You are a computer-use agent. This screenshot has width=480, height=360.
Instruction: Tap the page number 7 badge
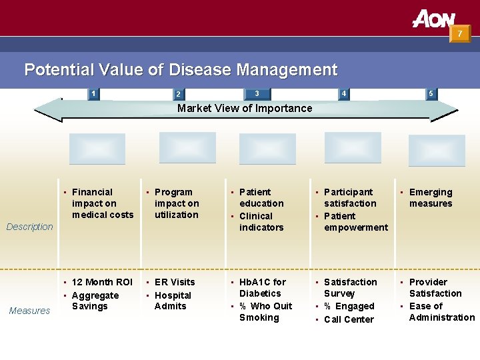coord(459,33)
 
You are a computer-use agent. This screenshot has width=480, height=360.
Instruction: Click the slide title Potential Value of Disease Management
coord(181,69)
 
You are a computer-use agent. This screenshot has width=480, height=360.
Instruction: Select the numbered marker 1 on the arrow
coord(94,93)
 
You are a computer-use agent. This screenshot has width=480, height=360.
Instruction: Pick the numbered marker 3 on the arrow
coord(257,93)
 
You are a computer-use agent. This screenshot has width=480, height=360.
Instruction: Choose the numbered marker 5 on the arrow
coord(431,93)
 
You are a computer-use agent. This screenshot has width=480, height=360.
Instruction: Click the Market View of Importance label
coord(245,108)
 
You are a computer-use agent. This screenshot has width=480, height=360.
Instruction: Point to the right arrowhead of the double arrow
coord(445,110)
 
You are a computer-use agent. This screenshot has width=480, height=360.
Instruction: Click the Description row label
coord(29,227)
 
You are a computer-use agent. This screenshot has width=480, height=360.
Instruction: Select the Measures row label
coord(29,311)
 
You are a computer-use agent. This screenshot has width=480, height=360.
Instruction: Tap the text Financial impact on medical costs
coord(102,203)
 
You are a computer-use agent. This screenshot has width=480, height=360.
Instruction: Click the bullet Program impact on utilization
coord(176,203)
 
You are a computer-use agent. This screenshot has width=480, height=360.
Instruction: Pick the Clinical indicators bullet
coord(261,221)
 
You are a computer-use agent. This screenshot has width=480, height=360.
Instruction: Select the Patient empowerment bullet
coord(355,221)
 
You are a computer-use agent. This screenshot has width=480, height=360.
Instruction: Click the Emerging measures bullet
coord(430,198)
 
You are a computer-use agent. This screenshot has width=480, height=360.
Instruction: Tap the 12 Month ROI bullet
coord(102,282)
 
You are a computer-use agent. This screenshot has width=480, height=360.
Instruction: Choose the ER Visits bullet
coord(175,282)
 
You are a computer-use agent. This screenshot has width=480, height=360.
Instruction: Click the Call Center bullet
coord(349,319)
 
